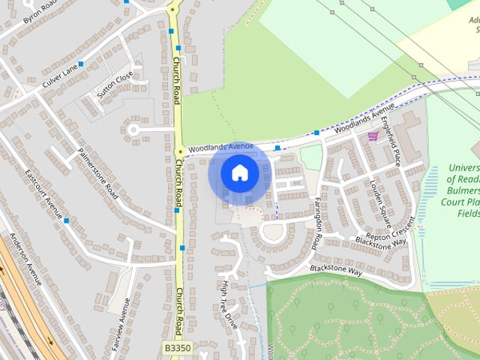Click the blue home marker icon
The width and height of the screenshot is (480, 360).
tap(239, 172)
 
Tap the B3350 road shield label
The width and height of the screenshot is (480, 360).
tap(176, 327)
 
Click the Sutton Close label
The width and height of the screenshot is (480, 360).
tap(115, 85)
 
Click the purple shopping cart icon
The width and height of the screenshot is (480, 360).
tap(373, 136)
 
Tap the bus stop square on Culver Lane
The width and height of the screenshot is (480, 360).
tap(81, 64)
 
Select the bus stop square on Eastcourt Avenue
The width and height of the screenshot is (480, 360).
tap(67, 220)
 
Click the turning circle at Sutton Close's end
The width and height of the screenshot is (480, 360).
tap(134, 130)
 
